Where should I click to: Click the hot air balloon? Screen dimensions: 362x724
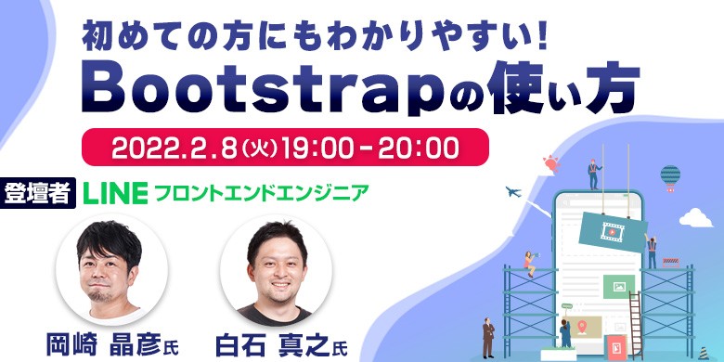(670, 175)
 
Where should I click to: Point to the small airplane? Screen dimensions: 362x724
(512, 191)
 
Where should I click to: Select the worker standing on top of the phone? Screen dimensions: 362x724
(591, 174)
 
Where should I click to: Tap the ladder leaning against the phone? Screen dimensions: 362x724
(635, 320)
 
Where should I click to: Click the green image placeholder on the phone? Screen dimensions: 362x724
(614, 287)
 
